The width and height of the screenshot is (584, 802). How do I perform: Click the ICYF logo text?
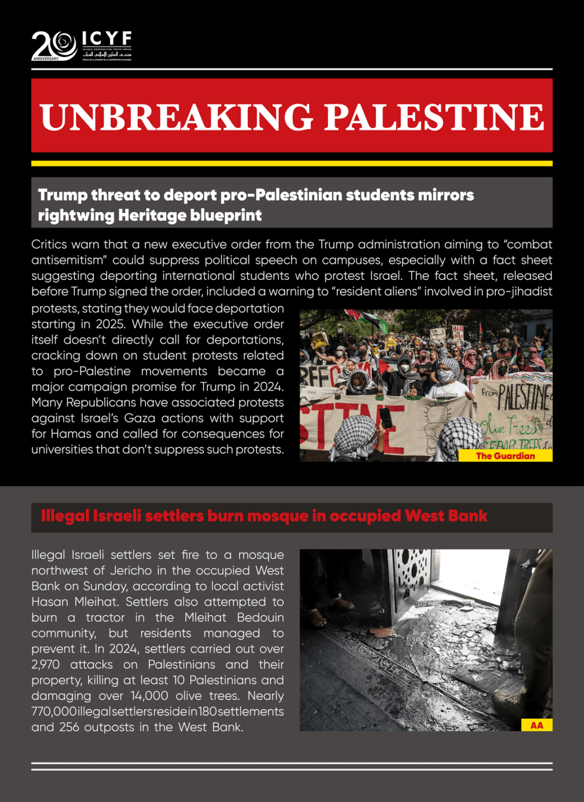(x=107, y=38)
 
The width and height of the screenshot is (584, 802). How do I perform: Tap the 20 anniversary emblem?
(x=54, y=45)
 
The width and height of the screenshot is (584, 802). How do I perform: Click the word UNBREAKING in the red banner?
(x=176, y=117)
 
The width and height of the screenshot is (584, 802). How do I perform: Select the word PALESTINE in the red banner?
(x=434, y=117)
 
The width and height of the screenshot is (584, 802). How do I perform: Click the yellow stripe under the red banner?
(x=291, y=163)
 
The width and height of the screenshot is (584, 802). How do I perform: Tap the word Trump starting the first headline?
(x=62, y=195)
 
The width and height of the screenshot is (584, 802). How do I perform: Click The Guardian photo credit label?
(x=505, y=456)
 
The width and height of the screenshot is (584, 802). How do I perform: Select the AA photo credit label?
(x=536, y=725)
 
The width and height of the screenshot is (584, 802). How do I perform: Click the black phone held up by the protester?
(x=386, y=418)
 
